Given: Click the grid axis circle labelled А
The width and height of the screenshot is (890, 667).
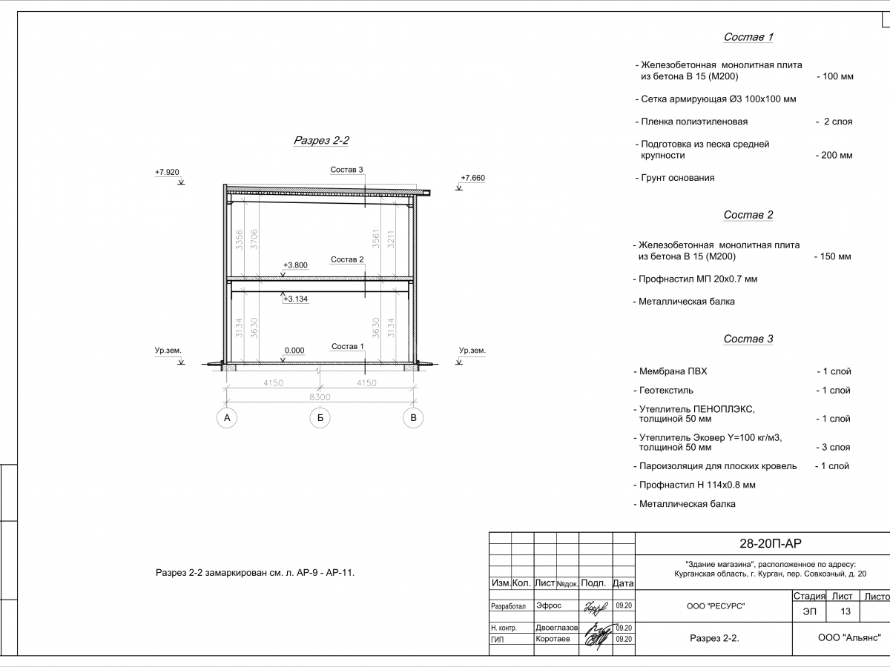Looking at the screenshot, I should coord(228,418).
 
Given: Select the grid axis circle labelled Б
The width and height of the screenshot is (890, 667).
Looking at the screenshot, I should coord(319,418).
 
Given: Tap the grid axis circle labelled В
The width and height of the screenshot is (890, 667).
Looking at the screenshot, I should coord(414,418).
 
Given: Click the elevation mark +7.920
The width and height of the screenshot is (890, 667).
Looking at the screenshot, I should coord(167,173).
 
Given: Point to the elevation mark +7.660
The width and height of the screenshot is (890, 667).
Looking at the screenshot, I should coord(472,179).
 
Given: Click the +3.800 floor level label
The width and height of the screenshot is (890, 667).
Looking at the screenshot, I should coord(295,265).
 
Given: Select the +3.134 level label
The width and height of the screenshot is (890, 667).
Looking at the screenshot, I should coord(295,299).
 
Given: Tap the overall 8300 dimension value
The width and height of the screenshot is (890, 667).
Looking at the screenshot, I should coord(320,397).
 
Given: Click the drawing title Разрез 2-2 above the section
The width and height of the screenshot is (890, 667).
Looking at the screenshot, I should coord(321,140).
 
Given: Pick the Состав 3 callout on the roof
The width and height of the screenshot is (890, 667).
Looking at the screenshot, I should coord(346,170).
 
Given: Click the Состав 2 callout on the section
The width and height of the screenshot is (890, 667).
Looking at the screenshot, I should coord(347,259).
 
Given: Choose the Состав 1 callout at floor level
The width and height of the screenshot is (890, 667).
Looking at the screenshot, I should coord(347,347).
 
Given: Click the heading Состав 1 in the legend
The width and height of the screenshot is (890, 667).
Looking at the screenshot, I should coord(748,37).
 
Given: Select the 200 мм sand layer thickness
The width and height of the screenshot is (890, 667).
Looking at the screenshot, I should coord(834,156).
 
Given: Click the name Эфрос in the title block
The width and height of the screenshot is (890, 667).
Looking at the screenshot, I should coord(549,605).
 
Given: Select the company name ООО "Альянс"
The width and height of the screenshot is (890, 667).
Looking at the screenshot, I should coord(848,637).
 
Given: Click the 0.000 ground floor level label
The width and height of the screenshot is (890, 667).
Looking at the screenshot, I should coord(294,351).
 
